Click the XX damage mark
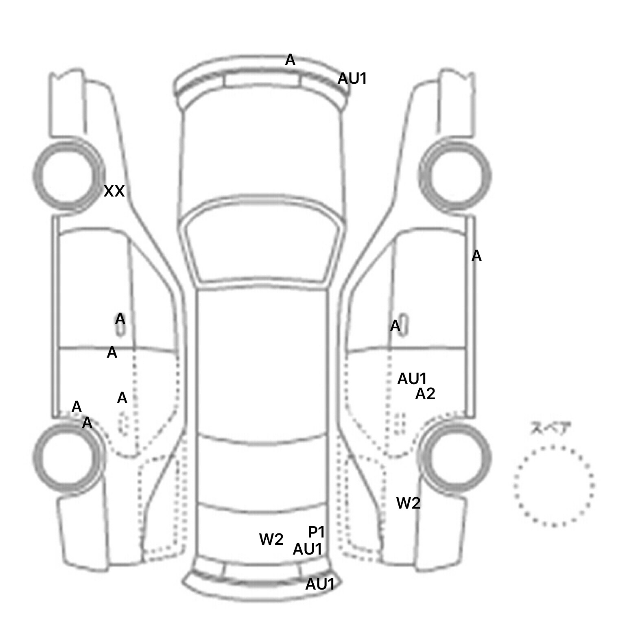[x=114, y=191]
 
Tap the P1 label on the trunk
[x=316, y=532]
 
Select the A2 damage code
[x=425, y=394]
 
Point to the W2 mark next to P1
[x=271, y=540]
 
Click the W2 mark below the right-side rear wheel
[x=409, y=503]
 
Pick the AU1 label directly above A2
[x=412, y=379]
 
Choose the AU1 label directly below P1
[x=308, y=549]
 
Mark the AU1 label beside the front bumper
[x=352, y=79]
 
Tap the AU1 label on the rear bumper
[x=320, y=584]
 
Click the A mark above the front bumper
[x=290, y=60]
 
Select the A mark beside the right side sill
[x=476, y=256]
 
